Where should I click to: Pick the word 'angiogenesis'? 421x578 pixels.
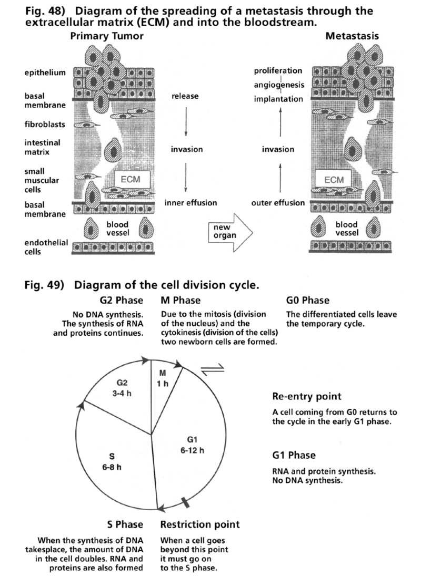278,85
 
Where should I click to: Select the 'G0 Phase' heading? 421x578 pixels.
308,300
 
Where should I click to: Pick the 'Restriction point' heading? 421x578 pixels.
199,524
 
